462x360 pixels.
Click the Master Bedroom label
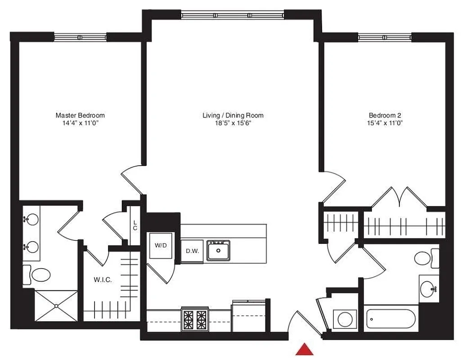point(80,116)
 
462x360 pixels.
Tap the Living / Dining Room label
point(233,116)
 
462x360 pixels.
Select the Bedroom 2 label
point(385,116)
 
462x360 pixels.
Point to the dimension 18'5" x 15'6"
point(233,123)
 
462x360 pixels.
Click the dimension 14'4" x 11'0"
point(80,123)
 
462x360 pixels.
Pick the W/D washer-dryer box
point(161,246)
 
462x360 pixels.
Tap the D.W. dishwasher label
point(192,251)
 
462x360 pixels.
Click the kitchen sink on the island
point(219,250)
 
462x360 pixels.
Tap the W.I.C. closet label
point(103,280)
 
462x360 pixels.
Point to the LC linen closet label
point(135,225)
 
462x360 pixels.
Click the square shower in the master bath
point(56,306)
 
